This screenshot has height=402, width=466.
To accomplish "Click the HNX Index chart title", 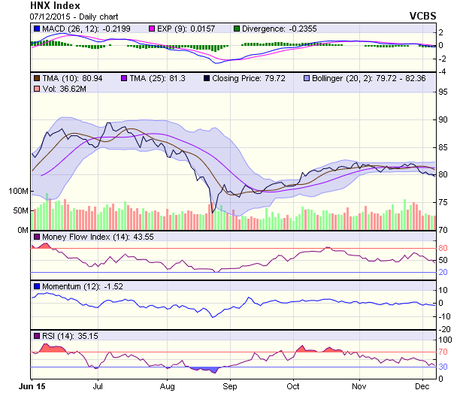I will [55, 5].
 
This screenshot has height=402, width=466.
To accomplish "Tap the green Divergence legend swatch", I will [237, 29].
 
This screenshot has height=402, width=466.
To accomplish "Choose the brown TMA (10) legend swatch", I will [36, 77].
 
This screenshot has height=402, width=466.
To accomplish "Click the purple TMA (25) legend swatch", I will [125, 77].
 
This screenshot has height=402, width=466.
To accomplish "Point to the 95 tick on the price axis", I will [443, 92].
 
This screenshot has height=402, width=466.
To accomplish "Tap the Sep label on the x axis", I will [230, 386].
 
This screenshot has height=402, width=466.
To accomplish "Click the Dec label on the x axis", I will [421, 386].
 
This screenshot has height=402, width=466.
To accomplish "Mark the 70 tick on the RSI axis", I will [443, 352].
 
